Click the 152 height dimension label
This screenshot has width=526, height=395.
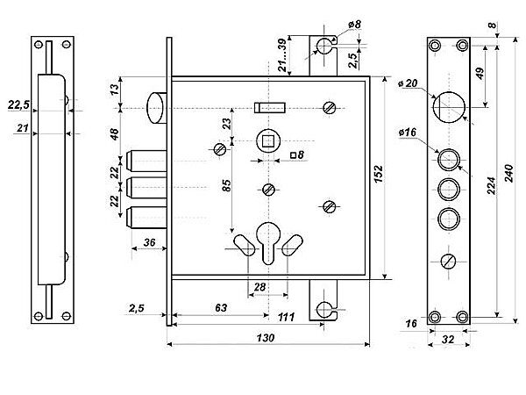379,174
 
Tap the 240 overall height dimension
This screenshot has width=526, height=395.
508,173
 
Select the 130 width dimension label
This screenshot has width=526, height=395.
266,338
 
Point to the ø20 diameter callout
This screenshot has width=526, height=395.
408,83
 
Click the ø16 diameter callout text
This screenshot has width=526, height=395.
408,133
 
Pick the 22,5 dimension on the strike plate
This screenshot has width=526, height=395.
18,104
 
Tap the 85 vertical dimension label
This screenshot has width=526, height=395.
226,186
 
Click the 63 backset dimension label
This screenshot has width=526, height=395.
221,307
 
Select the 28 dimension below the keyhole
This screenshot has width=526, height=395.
259,287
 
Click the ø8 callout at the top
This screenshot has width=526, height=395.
354,25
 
